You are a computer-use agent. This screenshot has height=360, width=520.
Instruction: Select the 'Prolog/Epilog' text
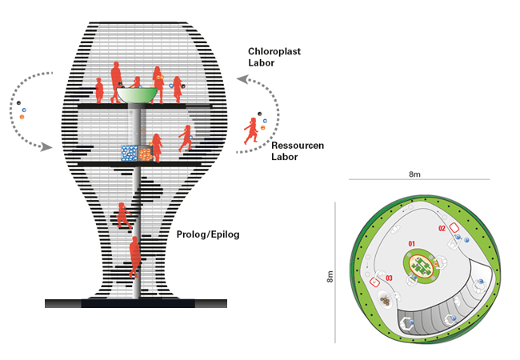tap(208, 234)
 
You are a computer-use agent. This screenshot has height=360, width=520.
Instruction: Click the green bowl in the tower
tap(137, 94)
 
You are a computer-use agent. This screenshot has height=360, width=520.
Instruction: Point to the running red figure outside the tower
tap(253, 130)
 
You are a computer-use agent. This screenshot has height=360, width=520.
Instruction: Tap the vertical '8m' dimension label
tap(330, 276)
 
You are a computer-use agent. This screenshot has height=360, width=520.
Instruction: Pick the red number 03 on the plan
tap(390, 278)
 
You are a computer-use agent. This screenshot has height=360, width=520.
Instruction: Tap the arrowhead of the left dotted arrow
tap(47, 147)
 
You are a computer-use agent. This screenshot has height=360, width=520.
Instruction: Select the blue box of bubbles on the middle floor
tap(129, 154)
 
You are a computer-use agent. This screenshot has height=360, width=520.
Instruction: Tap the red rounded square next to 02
tap(454, 228)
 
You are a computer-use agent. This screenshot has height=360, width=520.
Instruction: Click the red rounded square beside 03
tap(374, 282)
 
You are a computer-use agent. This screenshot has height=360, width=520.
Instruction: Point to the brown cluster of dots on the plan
tap(386, 302)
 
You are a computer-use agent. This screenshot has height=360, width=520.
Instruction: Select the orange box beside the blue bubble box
tap(145, 154)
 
